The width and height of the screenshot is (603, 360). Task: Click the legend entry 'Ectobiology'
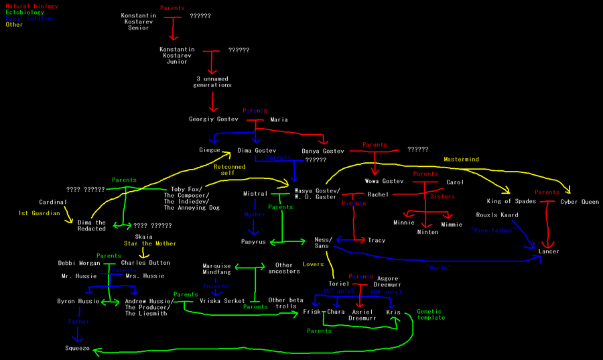(24, 12)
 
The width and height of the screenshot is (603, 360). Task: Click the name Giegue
(210, 150)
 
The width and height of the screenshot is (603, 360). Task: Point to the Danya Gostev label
(323, 151)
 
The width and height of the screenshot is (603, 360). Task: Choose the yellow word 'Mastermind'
(462, 159)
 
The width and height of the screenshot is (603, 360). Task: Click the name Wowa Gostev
(385, 181)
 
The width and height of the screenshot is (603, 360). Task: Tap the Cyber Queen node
(580, 201)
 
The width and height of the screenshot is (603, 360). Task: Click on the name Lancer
(548, 251)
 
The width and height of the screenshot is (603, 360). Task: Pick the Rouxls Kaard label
(497, 215)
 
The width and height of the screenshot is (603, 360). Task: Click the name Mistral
(255, 194)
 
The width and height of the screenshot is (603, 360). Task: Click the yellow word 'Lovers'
(313, 264)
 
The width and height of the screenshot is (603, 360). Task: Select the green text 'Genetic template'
(430, 314)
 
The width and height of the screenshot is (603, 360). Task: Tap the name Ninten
(427, 232)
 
